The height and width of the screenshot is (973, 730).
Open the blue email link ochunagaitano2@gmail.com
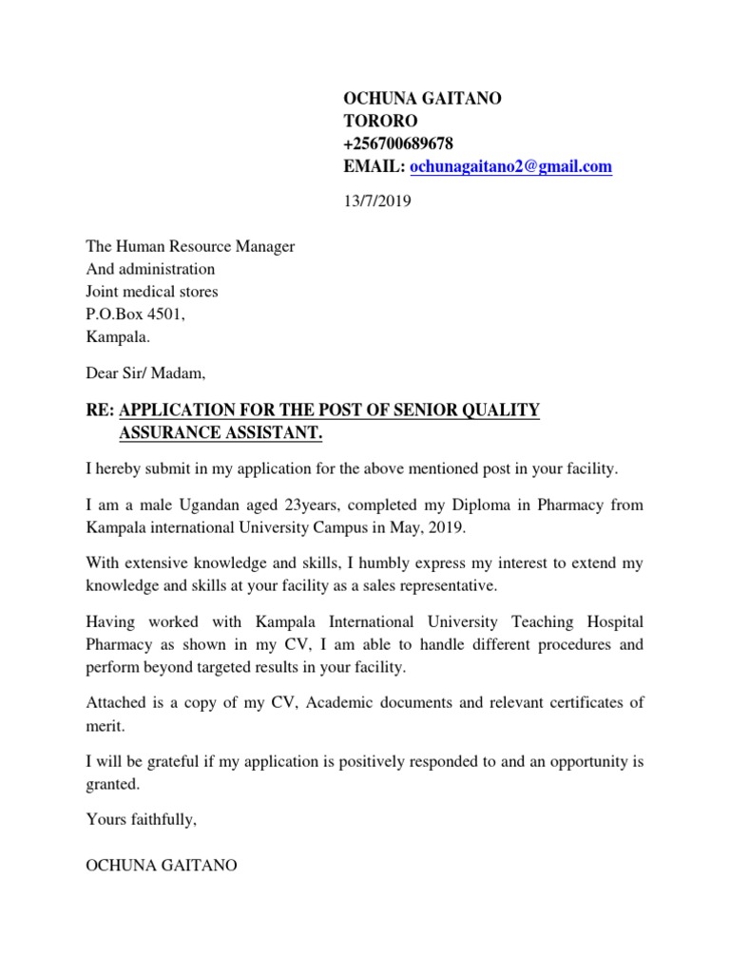[x=510, y=167]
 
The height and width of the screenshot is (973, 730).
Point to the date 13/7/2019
[x=377, y=201]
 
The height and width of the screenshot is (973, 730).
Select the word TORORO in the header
[x=380, y=122]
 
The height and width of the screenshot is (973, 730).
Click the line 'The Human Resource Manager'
[x=190, y=247]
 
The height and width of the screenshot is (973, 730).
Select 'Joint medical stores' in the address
[x=151, y=292]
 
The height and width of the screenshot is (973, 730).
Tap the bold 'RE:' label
[x=100, y=410]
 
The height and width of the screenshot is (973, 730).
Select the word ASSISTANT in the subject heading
[x=272, y=433]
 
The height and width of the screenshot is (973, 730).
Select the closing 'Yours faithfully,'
[x=142, y=818]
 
